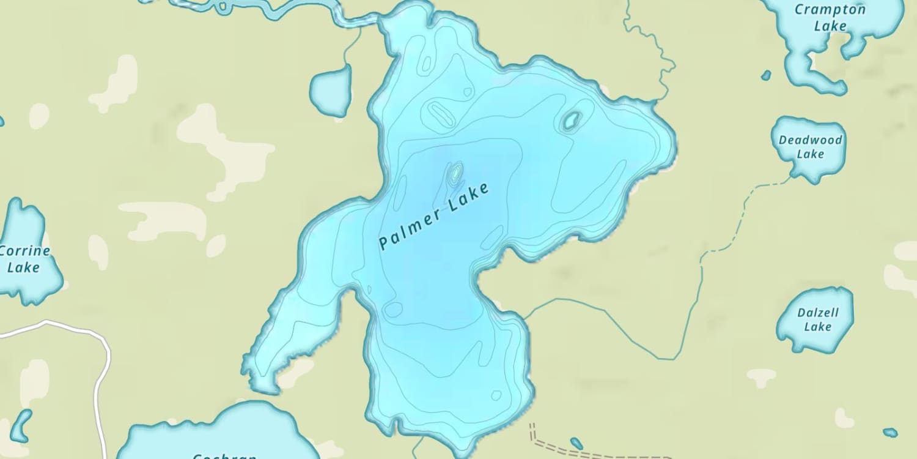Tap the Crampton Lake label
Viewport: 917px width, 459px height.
tap(829, 17)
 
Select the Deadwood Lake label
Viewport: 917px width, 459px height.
tap(810, 147)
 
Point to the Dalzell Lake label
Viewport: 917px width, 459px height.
tap(817, 319)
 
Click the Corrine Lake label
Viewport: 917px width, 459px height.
tap(23, 259)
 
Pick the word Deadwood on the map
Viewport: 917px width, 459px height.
tap(810, 140)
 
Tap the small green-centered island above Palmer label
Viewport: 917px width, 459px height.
tap(455, 173)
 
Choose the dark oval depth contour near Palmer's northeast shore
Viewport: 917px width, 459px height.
tap(571, 121)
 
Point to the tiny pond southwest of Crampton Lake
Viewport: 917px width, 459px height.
tap(766, 75)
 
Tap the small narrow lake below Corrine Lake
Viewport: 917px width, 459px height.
tap(21, 425)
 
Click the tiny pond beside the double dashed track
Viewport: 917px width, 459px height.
tap(576, 442)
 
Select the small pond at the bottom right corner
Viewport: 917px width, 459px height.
tap(890, 432)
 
